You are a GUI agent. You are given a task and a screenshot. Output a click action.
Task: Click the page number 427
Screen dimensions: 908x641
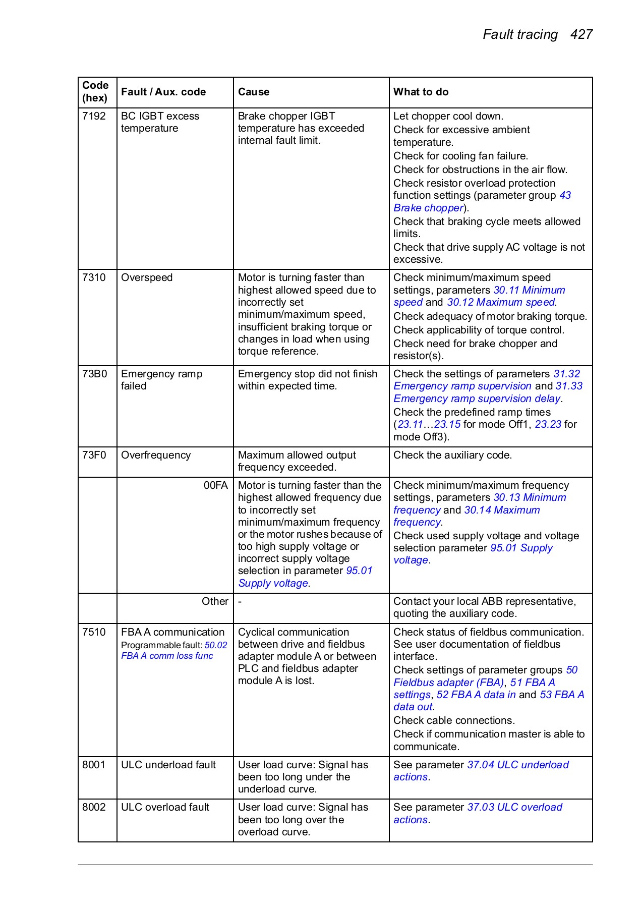point(581,34)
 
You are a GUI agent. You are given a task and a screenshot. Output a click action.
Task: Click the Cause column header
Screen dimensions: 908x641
point(254,92)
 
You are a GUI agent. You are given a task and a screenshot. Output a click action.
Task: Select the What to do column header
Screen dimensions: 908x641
point(421,92)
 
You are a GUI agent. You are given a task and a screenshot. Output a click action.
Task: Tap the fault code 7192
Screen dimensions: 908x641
point(94,116)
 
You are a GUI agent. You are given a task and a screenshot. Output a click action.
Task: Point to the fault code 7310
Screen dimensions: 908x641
point(94,277)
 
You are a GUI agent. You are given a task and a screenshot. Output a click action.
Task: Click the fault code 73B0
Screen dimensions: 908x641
point(95,374)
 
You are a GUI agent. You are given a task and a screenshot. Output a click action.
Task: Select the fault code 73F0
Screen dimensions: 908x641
point(94,455)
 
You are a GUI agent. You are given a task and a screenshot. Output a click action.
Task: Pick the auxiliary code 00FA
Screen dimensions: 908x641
point(215,485)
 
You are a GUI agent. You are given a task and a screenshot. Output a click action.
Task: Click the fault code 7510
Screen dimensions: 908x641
point(94,632)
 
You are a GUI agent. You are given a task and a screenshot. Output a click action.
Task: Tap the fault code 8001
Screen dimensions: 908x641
point(94,765)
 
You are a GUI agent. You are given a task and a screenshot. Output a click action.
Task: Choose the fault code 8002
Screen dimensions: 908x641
point(94,807)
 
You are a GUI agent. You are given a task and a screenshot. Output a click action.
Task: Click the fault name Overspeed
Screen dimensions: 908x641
point(147,277)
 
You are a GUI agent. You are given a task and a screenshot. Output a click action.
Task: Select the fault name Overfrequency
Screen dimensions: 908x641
point(156,455)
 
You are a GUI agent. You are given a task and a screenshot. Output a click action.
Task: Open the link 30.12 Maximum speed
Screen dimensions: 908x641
point(501,302)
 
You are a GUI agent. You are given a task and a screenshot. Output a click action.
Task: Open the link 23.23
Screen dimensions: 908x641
point(548,424)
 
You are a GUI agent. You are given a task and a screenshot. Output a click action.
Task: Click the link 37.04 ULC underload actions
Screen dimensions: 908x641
point(517,765)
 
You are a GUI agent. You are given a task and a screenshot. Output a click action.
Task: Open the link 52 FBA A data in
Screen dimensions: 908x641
point(476,695)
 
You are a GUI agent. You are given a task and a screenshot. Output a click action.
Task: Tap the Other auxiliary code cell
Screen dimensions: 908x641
point(215,601)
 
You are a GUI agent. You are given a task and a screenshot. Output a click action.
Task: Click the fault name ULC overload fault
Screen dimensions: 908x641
point(165,807)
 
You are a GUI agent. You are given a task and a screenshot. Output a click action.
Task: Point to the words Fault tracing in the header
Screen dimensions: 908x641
point(520,34)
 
